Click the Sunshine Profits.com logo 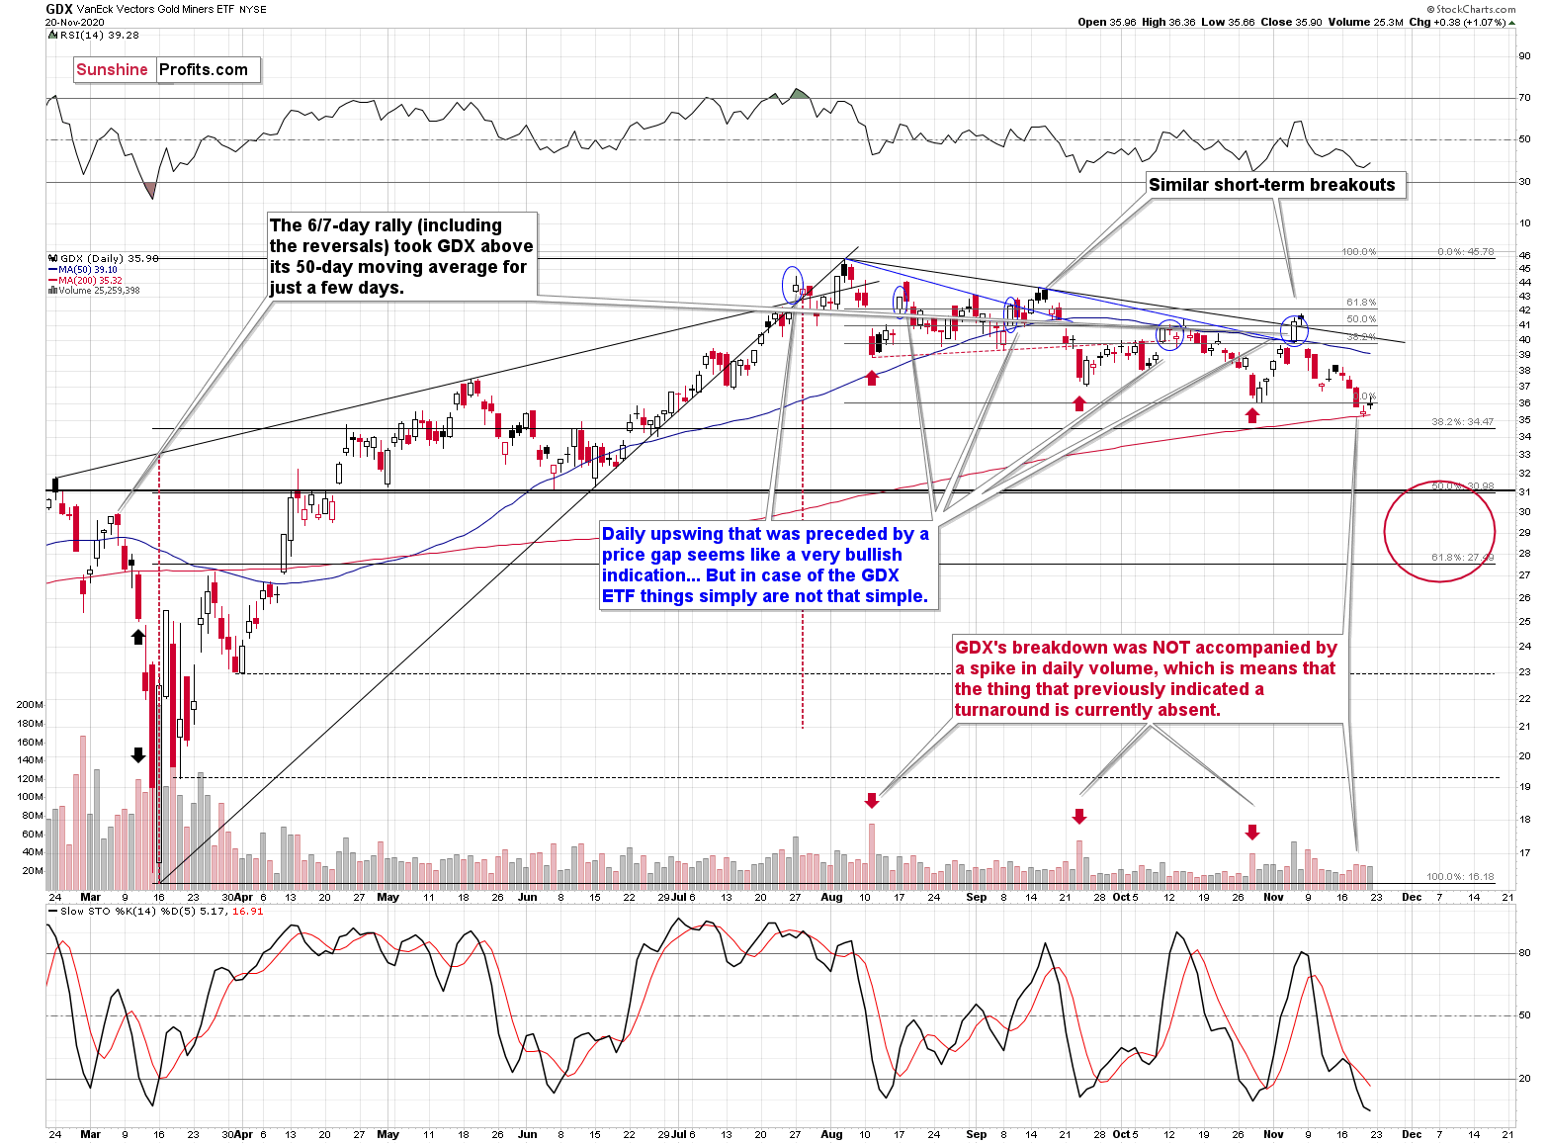pos(164,69)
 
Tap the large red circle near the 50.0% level pos(1439,532)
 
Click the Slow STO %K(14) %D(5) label pos(163,912)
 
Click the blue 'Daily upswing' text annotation pos(767,566)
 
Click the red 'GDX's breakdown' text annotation pos(1146,678)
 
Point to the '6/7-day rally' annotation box pos(401,256)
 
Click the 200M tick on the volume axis pos(30,705)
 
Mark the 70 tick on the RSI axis pos(1524,98)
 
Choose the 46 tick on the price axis pos(1524,256)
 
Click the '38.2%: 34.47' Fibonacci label pos(1462,422)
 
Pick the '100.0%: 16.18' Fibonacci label pos(1460,877)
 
